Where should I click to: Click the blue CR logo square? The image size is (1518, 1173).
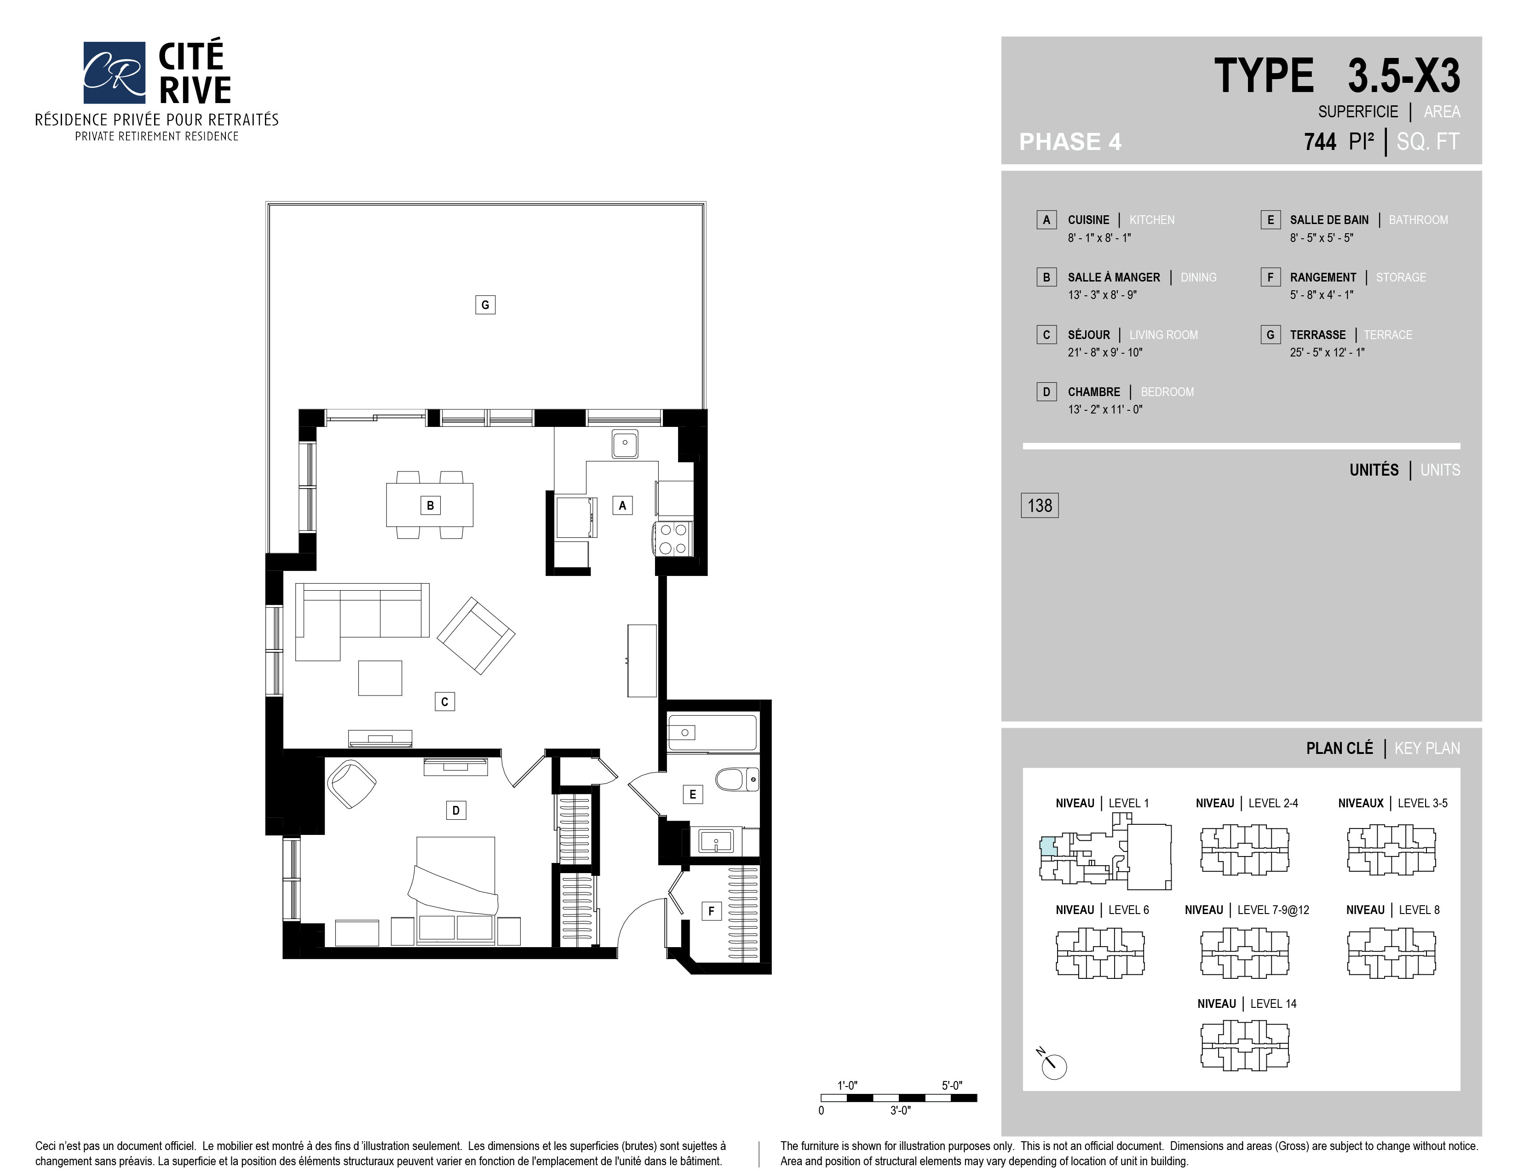click(x=114, y=72)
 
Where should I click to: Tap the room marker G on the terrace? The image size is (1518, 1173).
click(x=485, y=305)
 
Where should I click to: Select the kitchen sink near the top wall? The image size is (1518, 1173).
click(x=625, y=443)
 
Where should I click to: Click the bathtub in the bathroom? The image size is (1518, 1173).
click(x=712, y=732)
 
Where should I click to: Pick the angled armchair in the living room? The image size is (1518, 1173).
click(x=476, y=636)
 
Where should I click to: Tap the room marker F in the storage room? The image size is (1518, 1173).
click(x=711, y=911)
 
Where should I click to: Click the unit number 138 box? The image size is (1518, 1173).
click(x=1040, y=505)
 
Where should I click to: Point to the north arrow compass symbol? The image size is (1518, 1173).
click(x=1053, y=1064)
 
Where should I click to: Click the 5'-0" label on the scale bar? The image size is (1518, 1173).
click(x=952, y=1086)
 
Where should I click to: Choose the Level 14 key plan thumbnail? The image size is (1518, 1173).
click(x=1245, y=1045)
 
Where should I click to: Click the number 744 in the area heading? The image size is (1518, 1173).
click(x=1320, y=142)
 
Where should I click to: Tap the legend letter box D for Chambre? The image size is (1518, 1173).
click(x=1046, y=392)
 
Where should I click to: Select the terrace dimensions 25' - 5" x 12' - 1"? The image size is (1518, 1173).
click(x=1327, y=352)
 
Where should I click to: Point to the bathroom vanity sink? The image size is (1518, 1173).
click(x=716, y=843)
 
